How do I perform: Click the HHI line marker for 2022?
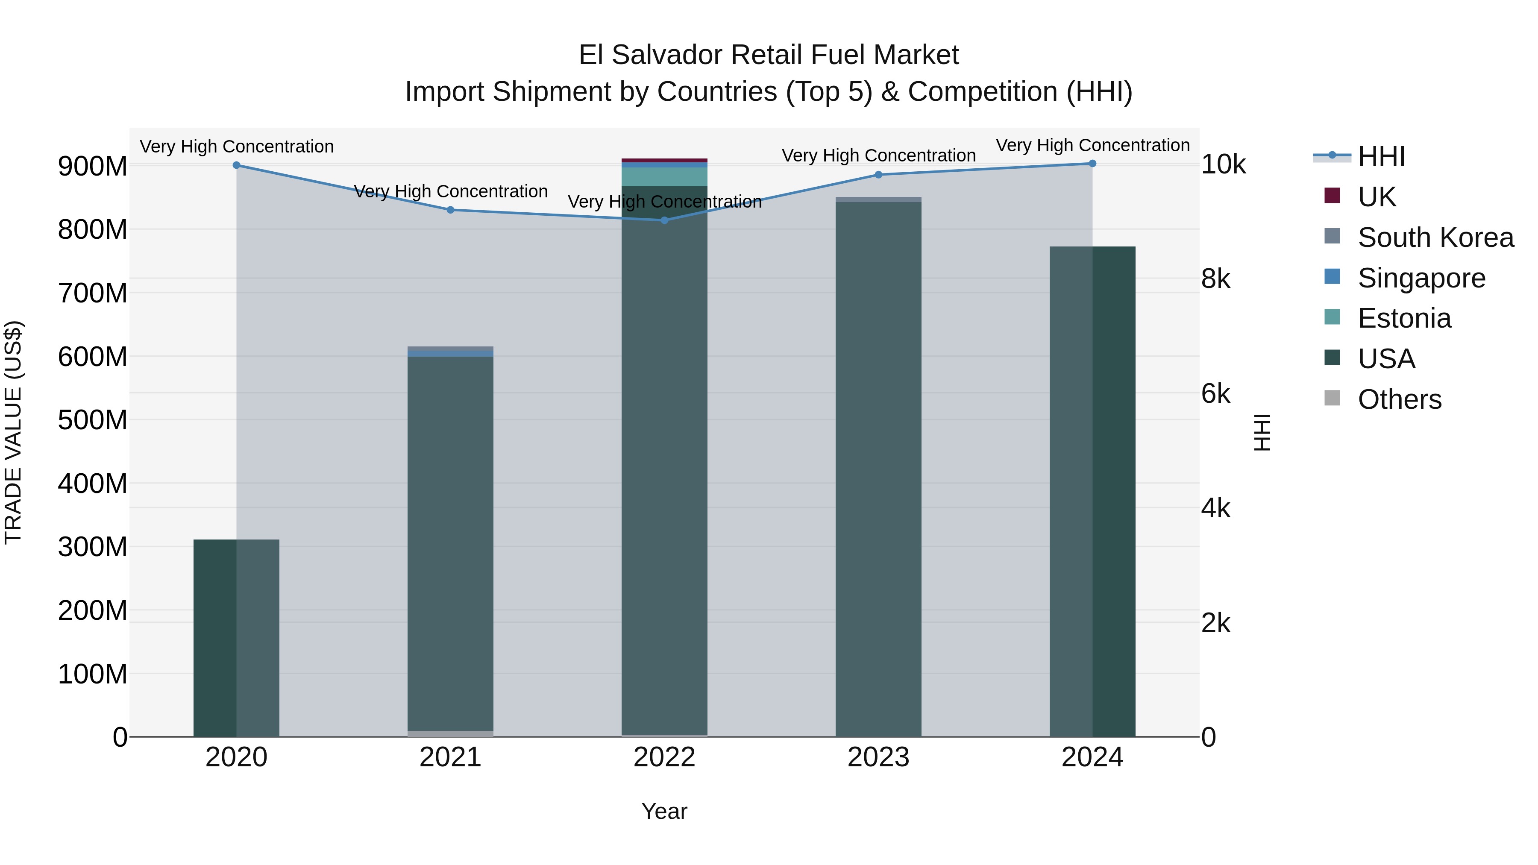[664, 220]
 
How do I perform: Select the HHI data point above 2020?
[236, 165]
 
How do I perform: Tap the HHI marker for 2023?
[878, 175]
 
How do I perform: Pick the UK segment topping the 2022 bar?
[664, 161]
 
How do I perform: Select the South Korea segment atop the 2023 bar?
[878, 199]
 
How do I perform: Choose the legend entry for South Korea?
[1435, 238]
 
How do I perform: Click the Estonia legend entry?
[1404, 318]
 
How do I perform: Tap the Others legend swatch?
[1332, 398]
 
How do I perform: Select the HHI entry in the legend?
[1381, 156]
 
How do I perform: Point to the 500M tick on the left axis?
[93, 419]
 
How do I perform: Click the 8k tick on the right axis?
[1215, 279]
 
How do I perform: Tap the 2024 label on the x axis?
[1092, 757]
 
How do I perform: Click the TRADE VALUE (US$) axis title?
[14, 432]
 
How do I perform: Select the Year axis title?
[664, 811]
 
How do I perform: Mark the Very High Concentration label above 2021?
[450, 192]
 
